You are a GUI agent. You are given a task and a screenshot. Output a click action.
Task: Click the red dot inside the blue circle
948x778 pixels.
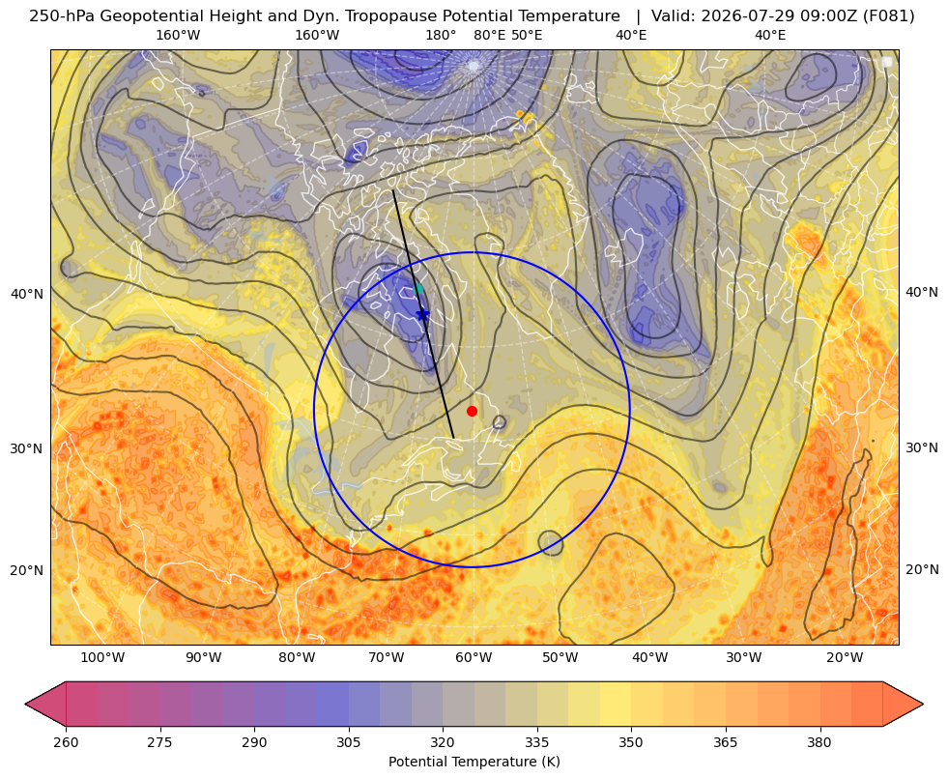pyautogui.click(x=472, y=411)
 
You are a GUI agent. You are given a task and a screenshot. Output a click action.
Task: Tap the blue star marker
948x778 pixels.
pyautogui.click(x=422, y=314)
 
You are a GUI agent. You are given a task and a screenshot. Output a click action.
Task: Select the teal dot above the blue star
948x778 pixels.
pyautogui.click(x=417, y=290)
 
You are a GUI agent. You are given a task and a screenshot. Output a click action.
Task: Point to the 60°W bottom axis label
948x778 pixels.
pyautogui.click(x=474, y=657)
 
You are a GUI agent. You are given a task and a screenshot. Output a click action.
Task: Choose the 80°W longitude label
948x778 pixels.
pyautogui.click(x=297, y=657)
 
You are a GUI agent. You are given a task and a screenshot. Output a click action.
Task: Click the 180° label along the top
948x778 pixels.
pyautogui.click(x=441, y=35)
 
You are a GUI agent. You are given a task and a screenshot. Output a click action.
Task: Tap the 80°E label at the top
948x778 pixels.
pyautogui.click(x=489, y=35)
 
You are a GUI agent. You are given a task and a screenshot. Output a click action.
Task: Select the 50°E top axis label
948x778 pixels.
pyautogui.click(x=527, y=35)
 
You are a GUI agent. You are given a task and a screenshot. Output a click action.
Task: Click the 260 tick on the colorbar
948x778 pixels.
pyautogui.click(x=66, y=742)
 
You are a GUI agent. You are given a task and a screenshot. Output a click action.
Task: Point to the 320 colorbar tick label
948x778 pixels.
pyautogui.click(x=443, y=742)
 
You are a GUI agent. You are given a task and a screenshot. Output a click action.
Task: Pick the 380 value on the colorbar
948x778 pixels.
pyautogui.click(x=819, y=742)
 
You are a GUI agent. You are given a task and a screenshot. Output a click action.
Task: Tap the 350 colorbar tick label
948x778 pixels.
pyautogui.click(x=631, y=742)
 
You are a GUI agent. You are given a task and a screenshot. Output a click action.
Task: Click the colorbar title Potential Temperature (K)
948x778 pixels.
pyautogui.click(x=474, y=762)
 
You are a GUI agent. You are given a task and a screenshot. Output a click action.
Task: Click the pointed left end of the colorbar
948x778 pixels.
pyautogui.click(x=25, y=704)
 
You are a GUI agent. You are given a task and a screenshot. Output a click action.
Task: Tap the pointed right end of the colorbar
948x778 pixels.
pyautogui.click(x=923, y=704)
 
